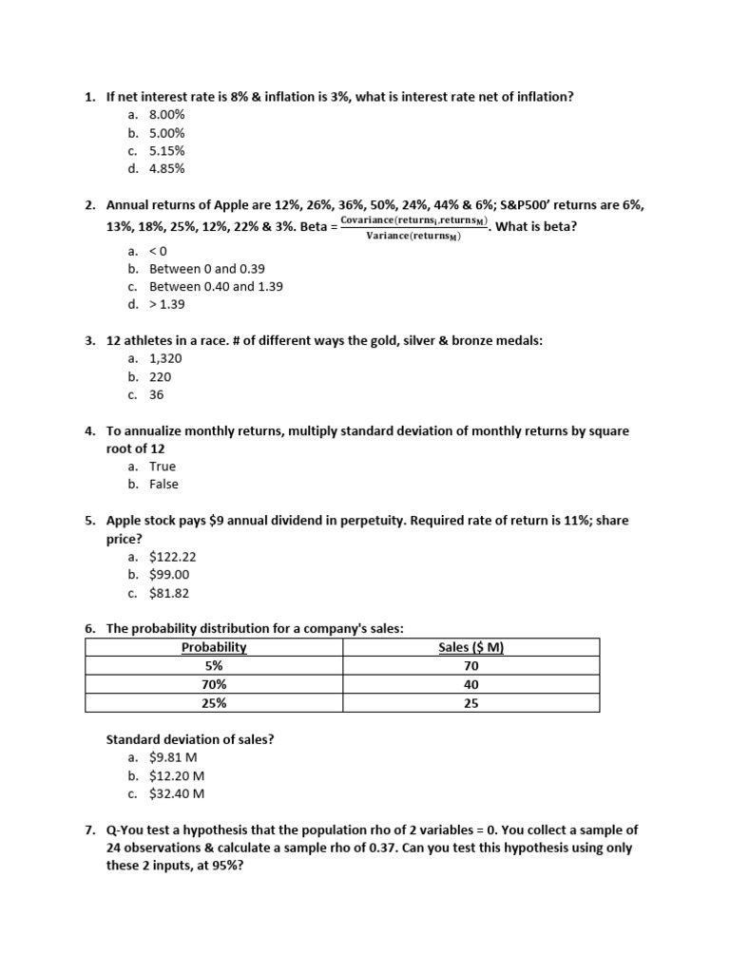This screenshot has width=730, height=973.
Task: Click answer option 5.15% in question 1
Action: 166,151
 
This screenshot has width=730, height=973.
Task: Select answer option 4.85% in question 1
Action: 166,169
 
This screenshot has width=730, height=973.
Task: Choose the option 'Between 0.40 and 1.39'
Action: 216,286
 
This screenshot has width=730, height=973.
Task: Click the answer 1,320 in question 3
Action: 165,359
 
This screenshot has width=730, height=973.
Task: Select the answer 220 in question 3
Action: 160,377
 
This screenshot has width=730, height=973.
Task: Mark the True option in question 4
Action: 163,467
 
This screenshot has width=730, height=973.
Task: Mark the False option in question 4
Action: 163,485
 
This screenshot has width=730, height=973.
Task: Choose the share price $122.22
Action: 172,558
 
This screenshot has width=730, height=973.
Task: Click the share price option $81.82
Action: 169,594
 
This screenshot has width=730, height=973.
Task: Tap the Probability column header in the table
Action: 214,648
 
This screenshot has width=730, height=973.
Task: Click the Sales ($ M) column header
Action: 471,648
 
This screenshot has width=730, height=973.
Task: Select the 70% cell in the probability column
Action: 214,685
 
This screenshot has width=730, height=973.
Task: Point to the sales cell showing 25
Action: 471,703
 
